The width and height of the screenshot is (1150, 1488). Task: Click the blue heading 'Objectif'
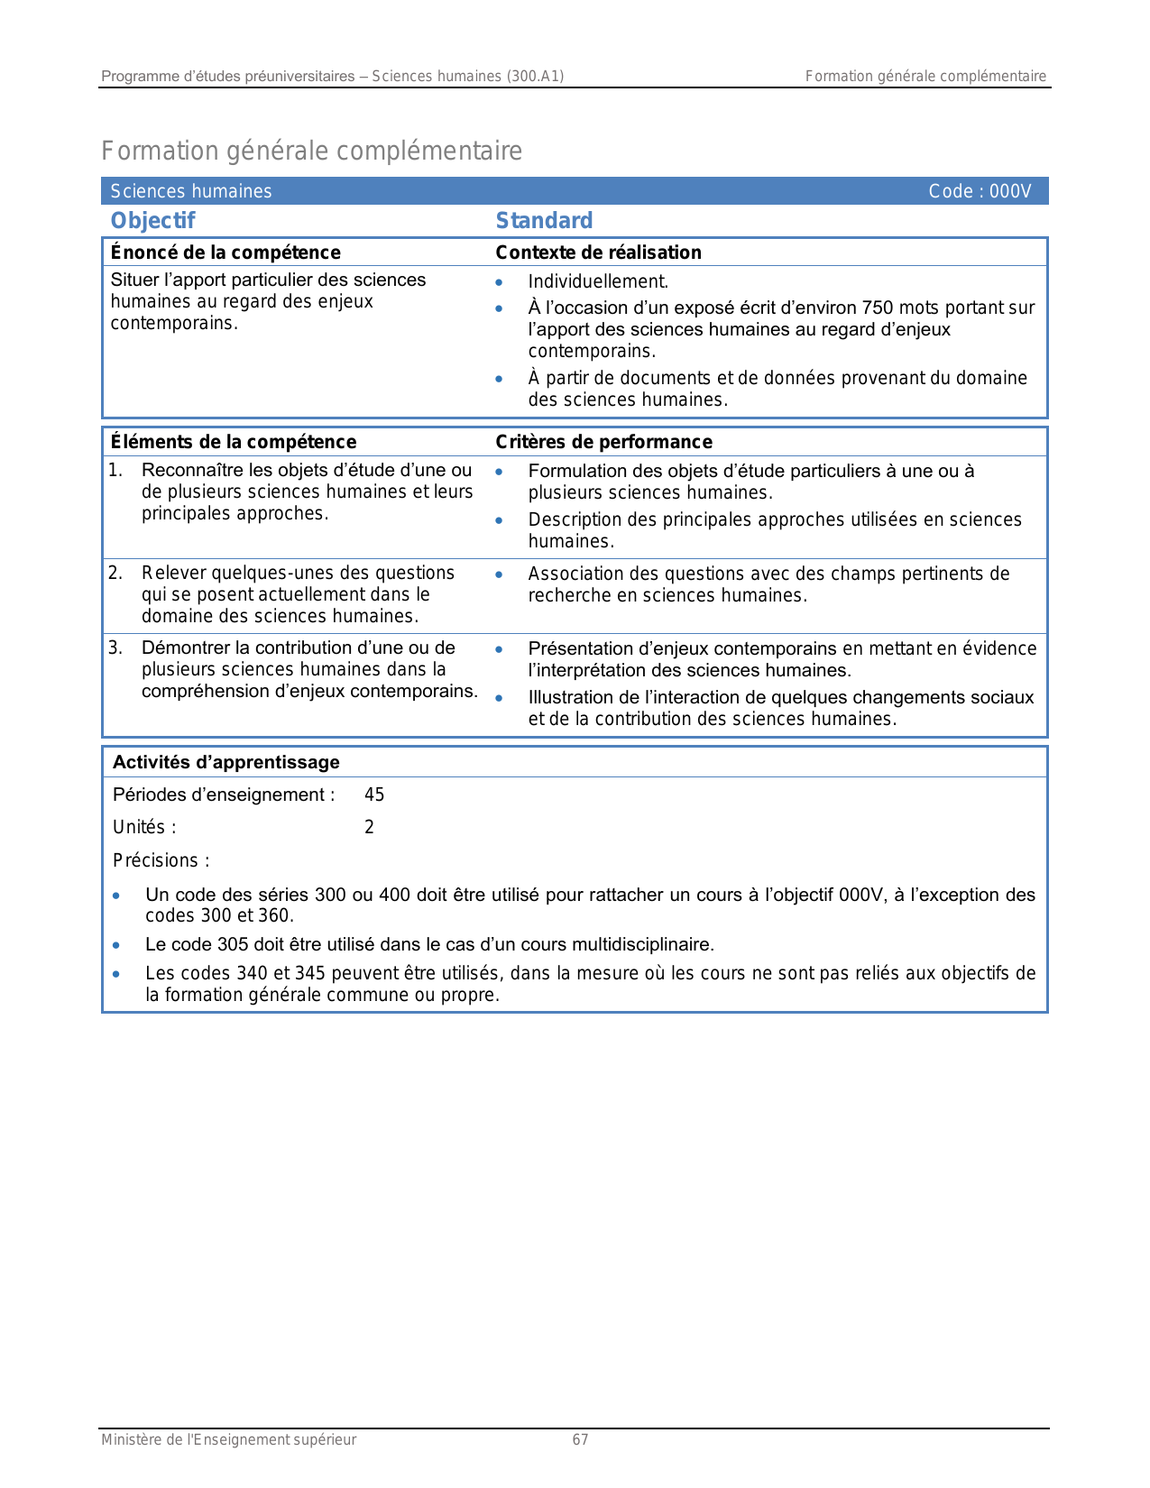click(152, 221)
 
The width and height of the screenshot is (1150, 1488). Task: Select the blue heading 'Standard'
click(544, 221)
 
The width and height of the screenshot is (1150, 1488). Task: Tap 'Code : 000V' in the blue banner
click(980, 191)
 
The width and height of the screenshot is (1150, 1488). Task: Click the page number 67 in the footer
click(580, 1440)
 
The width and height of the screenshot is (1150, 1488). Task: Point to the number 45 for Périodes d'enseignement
click(374, 795)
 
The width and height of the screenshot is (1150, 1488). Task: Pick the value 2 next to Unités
click(369, 827)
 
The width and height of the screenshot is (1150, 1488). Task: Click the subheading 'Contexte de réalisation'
click(598, 253)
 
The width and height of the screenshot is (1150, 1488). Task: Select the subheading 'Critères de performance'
click(603, 442)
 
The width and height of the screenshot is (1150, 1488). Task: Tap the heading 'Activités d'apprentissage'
click(225, 762)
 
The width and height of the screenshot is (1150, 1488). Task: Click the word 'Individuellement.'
click(598, 281)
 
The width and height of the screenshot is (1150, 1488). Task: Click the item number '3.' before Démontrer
click(115, 648)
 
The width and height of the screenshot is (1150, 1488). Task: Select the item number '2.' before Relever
click(115, 573)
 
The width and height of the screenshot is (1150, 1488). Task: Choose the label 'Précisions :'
click(161, 860)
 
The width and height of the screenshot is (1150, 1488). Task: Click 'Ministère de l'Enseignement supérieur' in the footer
click(228, 1440)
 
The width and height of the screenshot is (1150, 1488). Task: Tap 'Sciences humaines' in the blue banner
click(191, 191)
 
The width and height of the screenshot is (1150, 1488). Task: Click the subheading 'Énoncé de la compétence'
click(225, 253)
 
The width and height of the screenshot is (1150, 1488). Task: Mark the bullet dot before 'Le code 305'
click(116, 945)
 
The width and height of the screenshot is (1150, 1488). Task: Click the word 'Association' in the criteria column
click(572, 574)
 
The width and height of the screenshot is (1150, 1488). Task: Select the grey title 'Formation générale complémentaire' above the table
click(311, 151)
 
